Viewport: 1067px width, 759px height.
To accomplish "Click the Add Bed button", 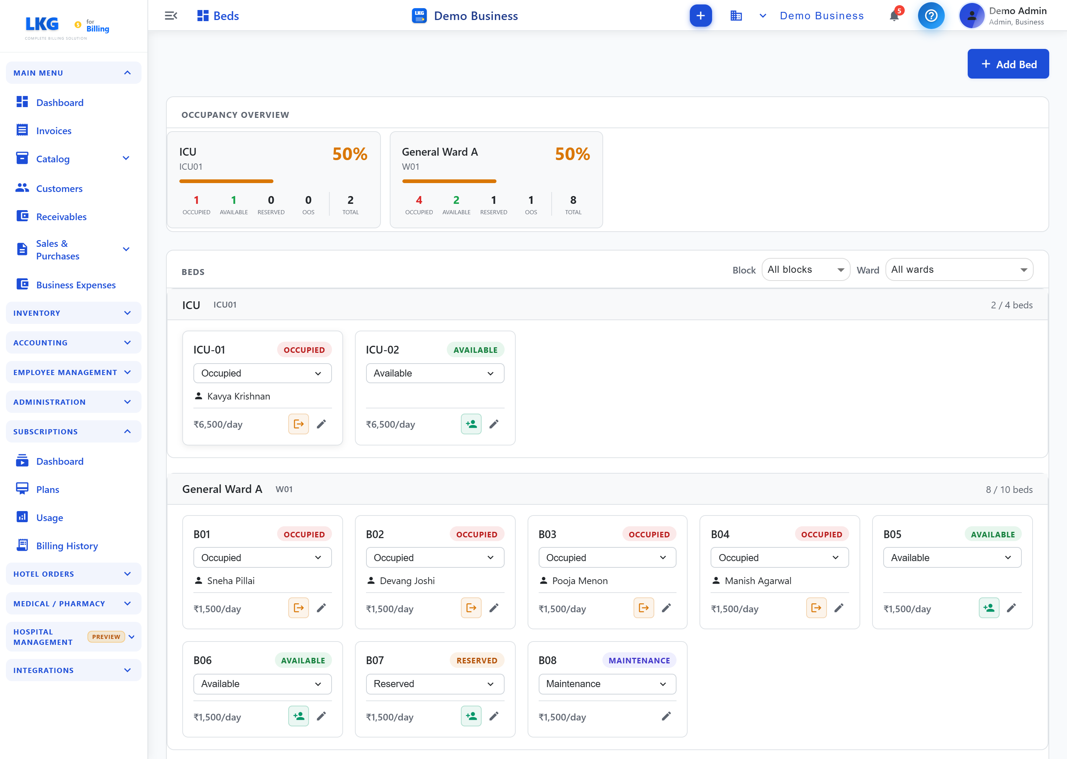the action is [x=1008, y=64].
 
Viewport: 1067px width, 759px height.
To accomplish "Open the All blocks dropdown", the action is [x=805, y=270].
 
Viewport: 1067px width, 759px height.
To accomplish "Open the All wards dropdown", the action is [x=958, y=270].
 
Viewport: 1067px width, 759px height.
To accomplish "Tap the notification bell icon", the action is [x=894, y=16].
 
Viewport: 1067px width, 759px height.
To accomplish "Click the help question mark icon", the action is [x=931, y=16].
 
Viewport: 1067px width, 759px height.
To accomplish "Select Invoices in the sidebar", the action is [x=54, y=131].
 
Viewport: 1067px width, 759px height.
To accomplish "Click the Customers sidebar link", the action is [x=59, y=188].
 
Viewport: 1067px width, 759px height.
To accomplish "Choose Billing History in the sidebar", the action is [x=67, y=546].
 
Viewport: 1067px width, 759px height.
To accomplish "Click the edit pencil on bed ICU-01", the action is [x=322, y=424].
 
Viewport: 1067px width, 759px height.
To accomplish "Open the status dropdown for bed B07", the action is [x=435, y=684].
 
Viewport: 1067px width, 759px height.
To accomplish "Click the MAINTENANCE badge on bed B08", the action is [x=639, y=660].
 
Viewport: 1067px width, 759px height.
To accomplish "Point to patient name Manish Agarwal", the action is [x=758, y=581].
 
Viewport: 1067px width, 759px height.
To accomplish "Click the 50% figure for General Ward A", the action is [x=572, y=154].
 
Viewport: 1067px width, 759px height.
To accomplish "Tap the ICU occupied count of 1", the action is [x=196, y=200].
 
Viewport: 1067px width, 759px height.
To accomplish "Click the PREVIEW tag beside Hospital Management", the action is [x=106, y=637].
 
